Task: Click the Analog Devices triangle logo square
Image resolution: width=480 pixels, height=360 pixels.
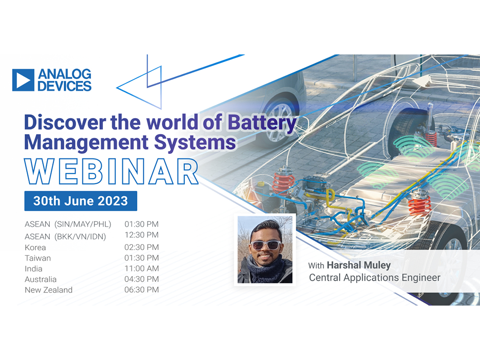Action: pyautogui.click(x=23, y=80)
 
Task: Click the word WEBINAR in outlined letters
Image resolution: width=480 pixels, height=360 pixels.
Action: pyautogui.click(x=111, y=172)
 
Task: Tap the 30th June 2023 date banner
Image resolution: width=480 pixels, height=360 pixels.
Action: pyautogui.click(x=81, y=201)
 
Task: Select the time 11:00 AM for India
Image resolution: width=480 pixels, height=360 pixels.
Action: pyautogui.click(x=142, y=269)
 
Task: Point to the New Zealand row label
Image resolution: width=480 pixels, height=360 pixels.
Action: pyautogui.click(x=49, y=290)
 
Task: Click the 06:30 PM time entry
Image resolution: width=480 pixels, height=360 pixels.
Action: pyautogui.click(x=142, y=290)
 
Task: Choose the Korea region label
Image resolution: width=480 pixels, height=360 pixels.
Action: pyautogui.click(x=35, y=247)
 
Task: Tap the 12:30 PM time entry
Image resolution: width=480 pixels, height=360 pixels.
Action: pyautogui.click(x=142, y=235)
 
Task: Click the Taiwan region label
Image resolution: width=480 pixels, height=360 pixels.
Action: pyautogui.click(x=37, y=258)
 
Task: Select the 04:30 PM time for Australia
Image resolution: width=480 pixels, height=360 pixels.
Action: pyautogui.click(x=142, y=279)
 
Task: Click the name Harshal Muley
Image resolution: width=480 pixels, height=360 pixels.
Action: pyautogui.click(x=359, y=265)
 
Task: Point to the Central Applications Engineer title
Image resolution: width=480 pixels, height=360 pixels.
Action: pyautogui.click(x=375, y=277)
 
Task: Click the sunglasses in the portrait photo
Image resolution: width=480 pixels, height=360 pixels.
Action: pyautogui.click(x=265, y=245)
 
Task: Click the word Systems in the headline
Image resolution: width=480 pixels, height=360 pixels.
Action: pyautogui.click(x=195, y=142)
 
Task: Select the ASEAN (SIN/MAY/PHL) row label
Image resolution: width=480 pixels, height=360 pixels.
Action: pyautogui.click(x=67, y=225)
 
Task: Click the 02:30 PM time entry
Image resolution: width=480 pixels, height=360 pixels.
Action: pyautogui.click(x=142, y=247)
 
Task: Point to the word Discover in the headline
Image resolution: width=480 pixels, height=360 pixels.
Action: pyautogui.click(x=65, y=122)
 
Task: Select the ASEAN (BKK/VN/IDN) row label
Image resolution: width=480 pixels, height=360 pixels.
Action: pyautogui.click(x=65, y=237)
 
